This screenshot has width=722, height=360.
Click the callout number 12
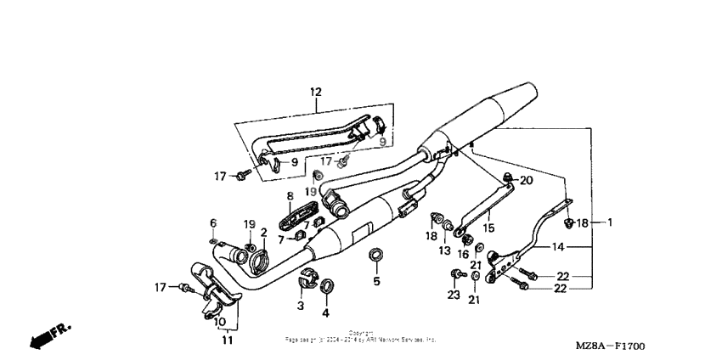(316, 91)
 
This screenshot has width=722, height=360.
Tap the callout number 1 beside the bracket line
(609, 222)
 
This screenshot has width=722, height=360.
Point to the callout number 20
(526, 180)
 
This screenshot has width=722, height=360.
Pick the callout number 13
(443, 250)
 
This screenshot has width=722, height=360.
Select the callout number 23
(454, 295)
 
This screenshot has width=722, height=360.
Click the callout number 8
(289, 196)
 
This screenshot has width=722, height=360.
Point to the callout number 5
(375, 281)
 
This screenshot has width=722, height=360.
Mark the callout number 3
(299, 305)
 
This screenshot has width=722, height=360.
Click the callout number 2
(263, 232)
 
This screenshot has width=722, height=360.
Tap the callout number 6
(213, 222)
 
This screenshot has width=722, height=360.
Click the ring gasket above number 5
(374, 254)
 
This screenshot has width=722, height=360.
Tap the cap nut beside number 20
(506, 179)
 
